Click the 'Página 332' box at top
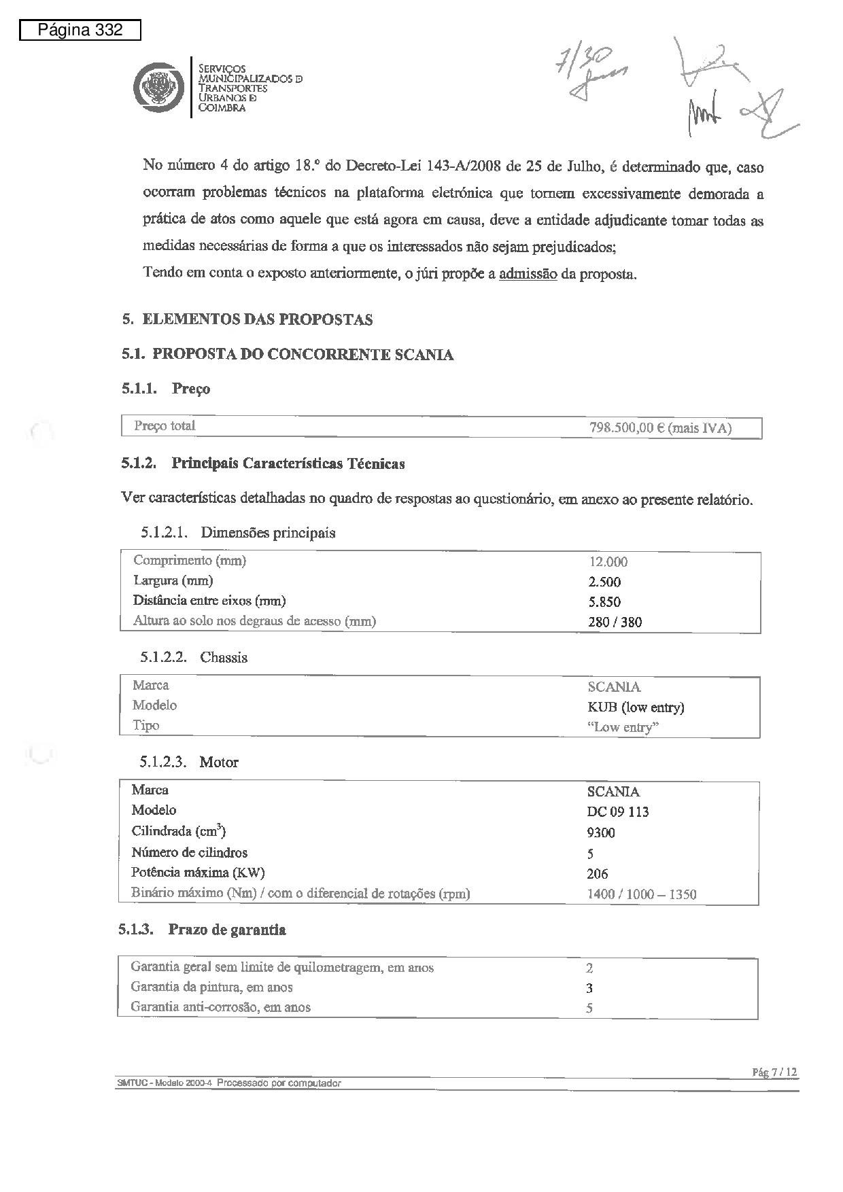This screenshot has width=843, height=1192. [x=80, y=31]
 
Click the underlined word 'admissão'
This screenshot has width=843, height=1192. [x=528, y=275]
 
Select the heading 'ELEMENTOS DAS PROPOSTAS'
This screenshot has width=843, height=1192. [x=257, y=319]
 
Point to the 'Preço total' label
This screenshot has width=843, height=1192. [x=165, y=426]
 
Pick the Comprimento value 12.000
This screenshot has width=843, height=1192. [x=608, y=562]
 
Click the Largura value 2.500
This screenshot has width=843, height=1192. [x=604, y=582]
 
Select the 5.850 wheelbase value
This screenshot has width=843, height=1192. [x=604, y=601]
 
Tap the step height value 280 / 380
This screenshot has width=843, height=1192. [x=615, y=622]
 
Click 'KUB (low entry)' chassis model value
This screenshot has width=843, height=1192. [x=636, y=707]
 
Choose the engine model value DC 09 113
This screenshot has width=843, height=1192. [x=618, y=812]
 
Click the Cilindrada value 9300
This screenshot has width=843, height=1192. [x=601, y=833]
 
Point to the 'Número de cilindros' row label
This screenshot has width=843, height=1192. [x=189, y=852]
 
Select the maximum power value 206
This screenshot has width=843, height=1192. [x=598, y=874]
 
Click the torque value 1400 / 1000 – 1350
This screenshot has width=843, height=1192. [x=641, y=894]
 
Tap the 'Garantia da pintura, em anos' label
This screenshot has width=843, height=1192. [x=211, y=987]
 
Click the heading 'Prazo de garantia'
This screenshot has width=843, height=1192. [x=227, y=930]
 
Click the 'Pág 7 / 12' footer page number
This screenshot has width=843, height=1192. [x=774, y=1072]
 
